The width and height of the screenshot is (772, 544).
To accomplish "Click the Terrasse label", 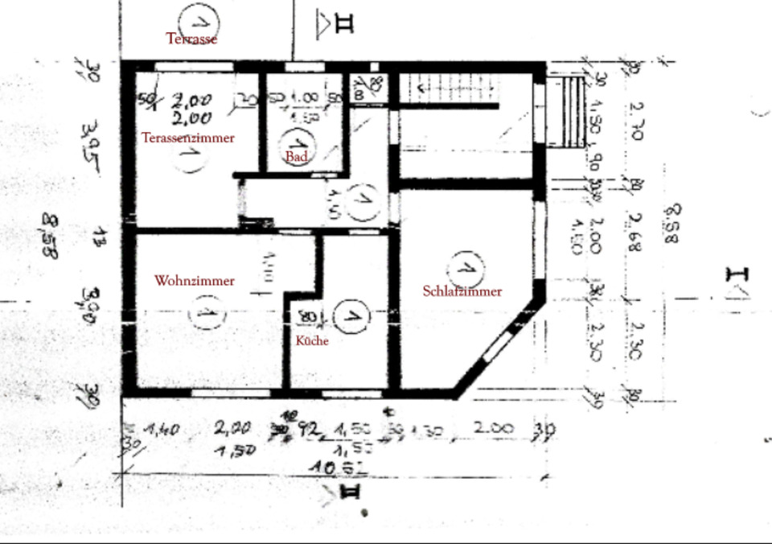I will (191, 38).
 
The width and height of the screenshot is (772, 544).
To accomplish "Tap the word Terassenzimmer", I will (188, 138).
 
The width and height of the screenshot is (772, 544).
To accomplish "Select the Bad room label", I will (297, 156).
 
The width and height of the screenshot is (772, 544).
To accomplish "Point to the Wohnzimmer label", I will (195, 281).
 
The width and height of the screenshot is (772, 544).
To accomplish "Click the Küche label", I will (312, 340).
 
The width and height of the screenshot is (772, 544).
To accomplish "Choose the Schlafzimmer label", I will (462, 291).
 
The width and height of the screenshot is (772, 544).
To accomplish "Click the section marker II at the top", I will (336, 23).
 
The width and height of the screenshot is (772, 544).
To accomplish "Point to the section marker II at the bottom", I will (351, 492).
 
